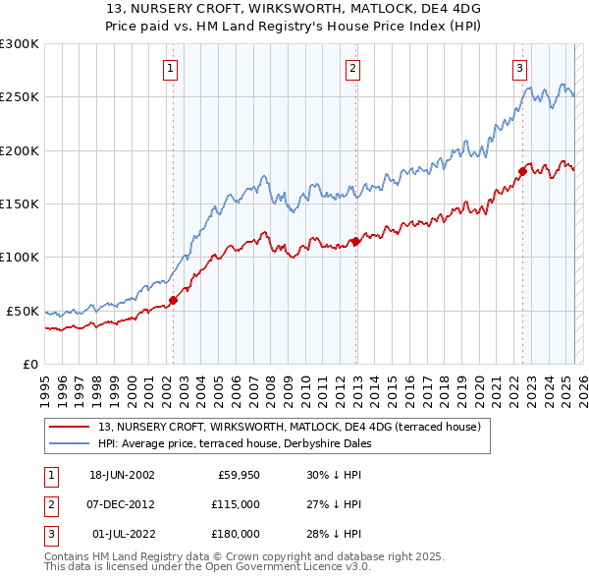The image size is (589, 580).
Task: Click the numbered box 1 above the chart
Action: [x=171, y=69]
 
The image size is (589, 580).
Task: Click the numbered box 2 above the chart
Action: [x=352, y=69]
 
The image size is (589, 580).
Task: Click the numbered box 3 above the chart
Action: [x=519, y=69]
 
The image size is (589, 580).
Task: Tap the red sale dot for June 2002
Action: [x=173, y=301]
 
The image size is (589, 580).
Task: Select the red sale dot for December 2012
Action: [x=355, y=241]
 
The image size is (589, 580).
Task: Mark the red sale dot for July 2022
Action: [x=522, y=171]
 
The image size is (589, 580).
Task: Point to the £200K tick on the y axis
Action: [x=19, y=151]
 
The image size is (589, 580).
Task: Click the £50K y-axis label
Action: [x=22, y=311]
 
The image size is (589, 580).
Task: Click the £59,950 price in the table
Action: [x=238, y=474]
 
